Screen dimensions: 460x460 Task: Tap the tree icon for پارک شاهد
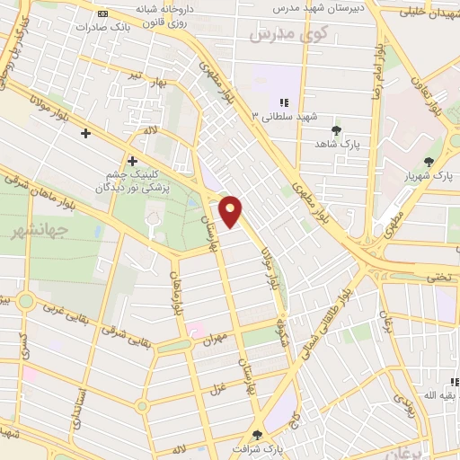[337, 130]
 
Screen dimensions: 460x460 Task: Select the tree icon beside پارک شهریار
[429, 163]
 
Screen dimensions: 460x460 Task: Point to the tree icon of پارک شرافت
[259, 435]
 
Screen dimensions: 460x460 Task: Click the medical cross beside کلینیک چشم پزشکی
[132, 162]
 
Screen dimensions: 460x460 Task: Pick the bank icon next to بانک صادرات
[102, 13]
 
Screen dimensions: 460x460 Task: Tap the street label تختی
[439, 277]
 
